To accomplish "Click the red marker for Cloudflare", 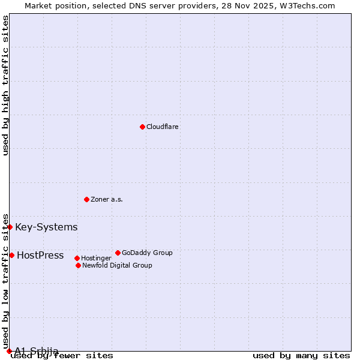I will (142, 127).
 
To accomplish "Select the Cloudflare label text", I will (163, 127).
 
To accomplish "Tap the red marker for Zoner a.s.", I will (86, 199).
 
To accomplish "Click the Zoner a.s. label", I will (107, 199).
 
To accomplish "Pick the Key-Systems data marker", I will (10, 227).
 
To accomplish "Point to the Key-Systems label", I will (46, 227).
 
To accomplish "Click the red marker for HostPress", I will (11, 255).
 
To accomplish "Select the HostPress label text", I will (40, 255).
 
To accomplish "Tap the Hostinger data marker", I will (77, 258).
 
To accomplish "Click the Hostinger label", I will (96, 258).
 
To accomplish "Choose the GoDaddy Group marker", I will (118, 253).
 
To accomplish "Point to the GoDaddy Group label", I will (147, 253).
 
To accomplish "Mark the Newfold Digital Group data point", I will (78, 265).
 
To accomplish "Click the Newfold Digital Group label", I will (117, 265).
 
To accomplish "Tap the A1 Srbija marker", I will (9, 351).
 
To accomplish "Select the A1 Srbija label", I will (37, 351).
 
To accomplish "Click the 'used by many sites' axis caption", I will (301, 355).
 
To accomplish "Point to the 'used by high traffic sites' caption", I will (5, 85).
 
